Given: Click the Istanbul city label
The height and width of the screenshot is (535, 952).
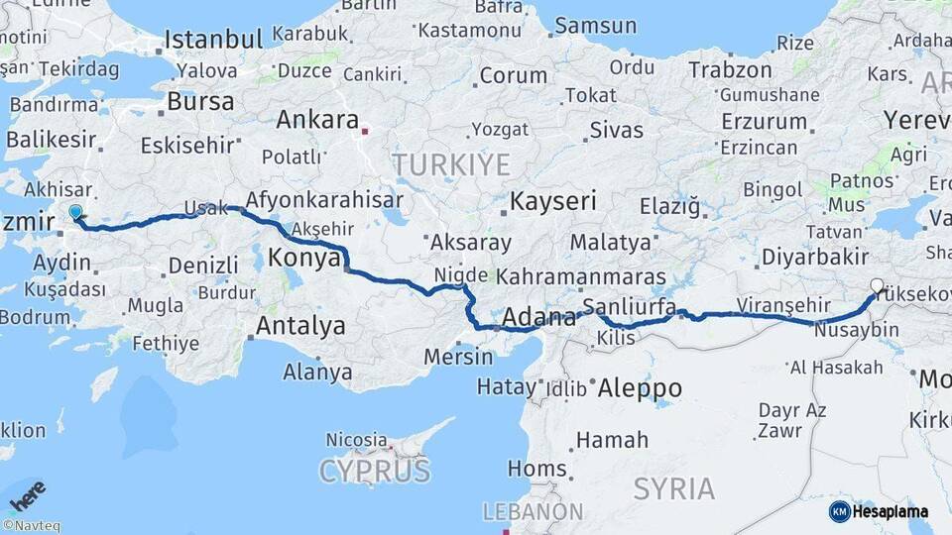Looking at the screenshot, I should [213, 40].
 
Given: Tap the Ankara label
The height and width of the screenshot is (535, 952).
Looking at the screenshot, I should [317, 120].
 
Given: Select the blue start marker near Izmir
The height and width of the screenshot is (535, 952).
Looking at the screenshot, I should [75, 211].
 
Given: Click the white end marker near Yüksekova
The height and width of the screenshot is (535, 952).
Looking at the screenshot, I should [876, 286].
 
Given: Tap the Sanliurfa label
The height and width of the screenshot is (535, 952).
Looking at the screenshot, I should [630, 305].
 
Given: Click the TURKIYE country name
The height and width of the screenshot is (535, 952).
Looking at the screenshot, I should [451, 164].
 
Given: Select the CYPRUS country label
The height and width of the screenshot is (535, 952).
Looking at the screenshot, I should [375, 471].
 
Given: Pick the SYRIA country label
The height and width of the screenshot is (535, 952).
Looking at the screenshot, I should [674, 488].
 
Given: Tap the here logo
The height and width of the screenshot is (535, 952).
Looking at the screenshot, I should [28, 492].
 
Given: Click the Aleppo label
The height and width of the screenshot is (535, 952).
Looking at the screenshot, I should [640, 388].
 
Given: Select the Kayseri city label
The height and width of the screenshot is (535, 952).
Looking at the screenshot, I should [553, 202].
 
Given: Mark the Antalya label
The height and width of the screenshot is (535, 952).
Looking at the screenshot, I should [300, 326].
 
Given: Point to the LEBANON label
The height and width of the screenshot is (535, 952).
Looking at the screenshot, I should [533, 512].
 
